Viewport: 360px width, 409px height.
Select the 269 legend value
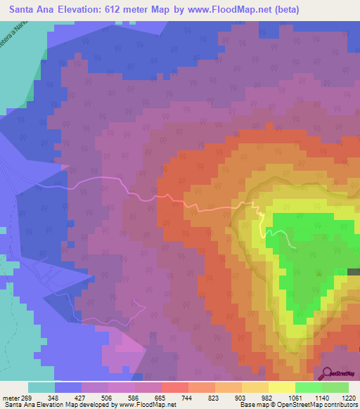26,398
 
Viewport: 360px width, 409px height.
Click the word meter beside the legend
10,398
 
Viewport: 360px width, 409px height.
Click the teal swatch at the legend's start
41,387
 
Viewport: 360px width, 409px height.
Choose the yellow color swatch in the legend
281,387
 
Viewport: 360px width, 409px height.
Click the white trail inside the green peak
288,240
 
